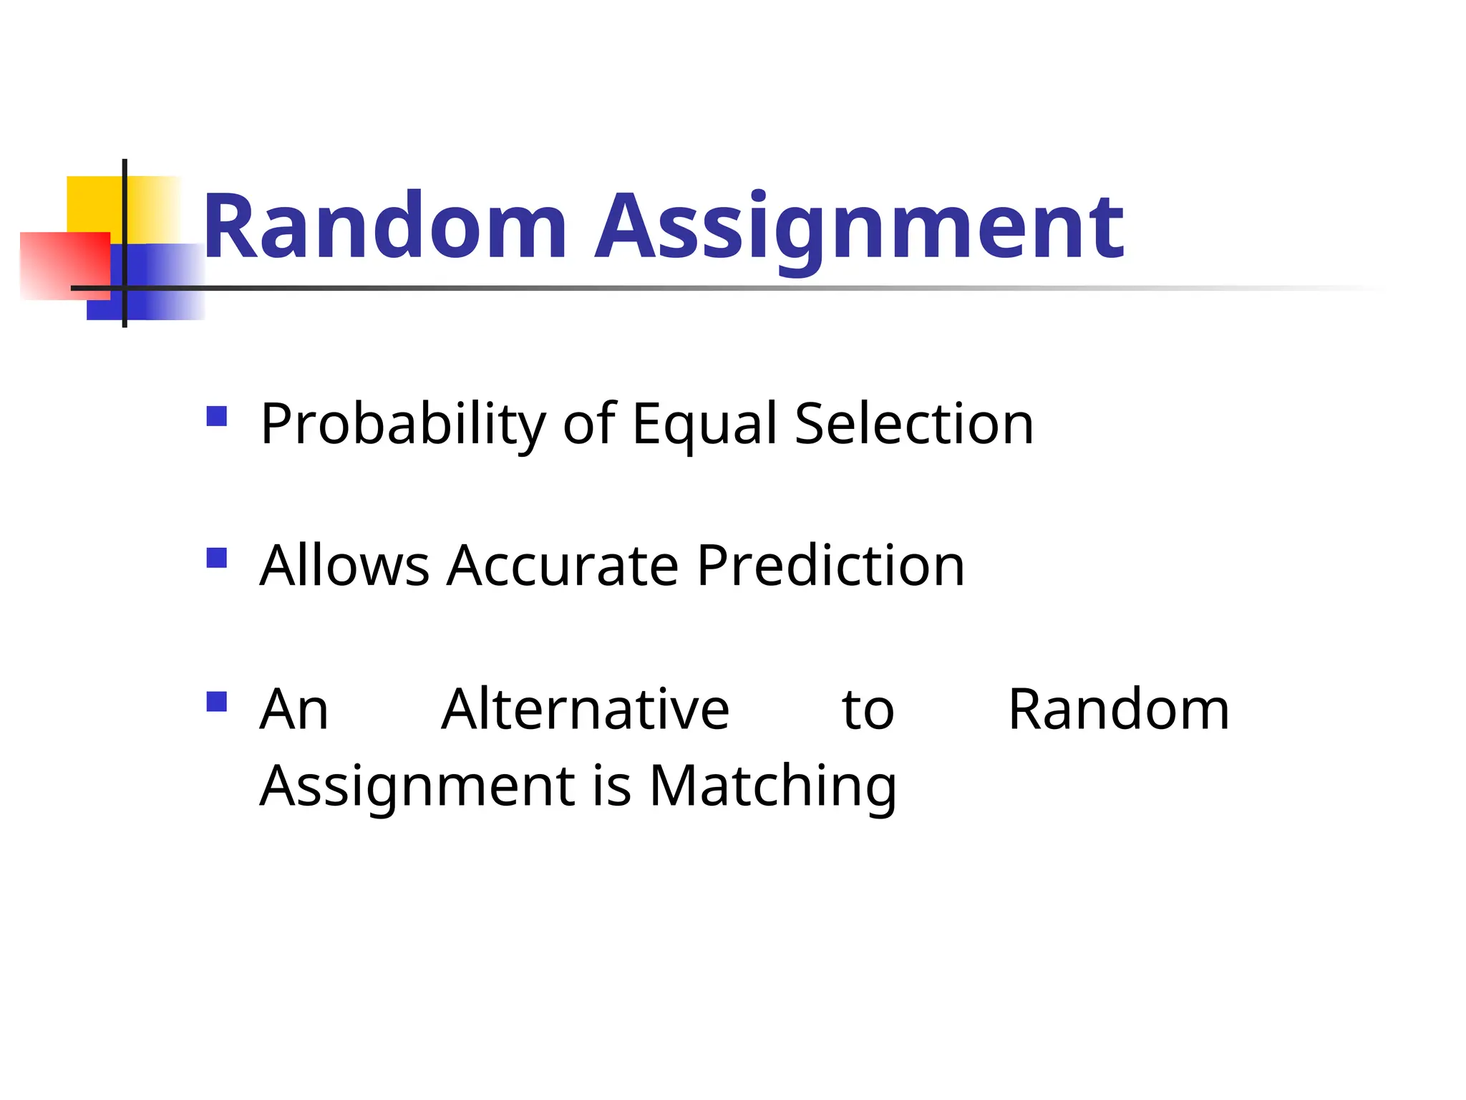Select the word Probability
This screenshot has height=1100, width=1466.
(x=403, y=425)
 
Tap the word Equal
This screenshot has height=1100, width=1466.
(x=704, y=425)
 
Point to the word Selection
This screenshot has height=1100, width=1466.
(x=914, y=424)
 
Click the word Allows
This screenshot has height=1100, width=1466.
(x=344, y=566)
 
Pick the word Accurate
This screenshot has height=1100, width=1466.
(x=562, y=566)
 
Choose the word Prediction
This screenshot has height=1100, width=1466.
(x=830, y=566)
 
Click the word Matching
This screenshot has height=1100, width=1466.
(x=772, y=786)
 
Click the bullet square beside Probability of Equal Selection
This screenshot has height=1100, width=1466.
(x=216, y=416)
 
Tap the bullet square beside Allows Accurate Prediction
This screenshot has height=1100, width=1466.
(x=216, y=557)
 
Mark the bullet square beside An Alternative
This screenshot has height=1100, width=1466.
(x=216, y=701)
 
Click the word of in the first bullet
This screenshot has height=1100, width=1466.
(x=588, y=424)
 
